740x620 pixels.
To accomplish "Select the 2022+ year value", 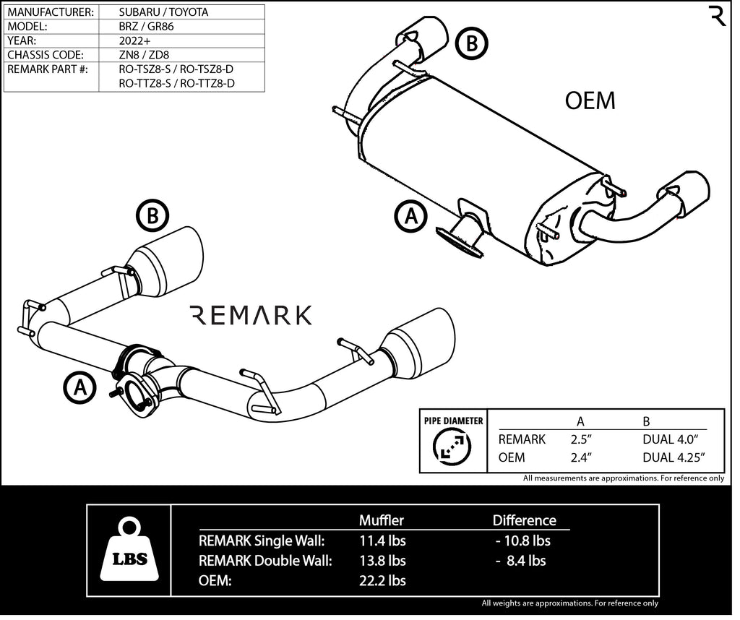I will [135, 40].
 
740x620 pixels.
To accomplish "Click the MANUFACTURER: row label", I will [51, 12].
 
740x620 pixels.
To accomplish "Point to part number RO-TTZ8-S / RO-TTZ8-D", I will [177, 84].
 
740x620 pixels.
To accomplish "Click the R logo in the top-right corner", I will [718, 17].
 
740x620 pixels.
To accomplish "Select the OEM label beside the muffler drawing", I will [590, 101].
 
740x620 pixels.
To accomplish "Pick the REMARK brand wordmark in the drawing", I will [250, 315].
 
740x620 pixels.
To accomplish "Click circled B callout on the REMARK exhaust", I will [152, 216].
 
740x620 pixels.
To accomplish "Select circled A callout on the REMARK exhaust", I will [79, 387].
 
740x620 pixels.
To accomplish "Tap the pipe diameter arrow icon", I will [451, 448].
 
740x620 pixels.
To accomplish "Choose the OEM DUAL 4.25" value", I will [673, 457].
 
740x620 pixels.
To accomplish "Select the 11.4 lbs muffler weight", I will [382, 541].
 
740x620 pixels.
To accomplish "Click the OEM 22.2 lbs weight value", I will [382, 580].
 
